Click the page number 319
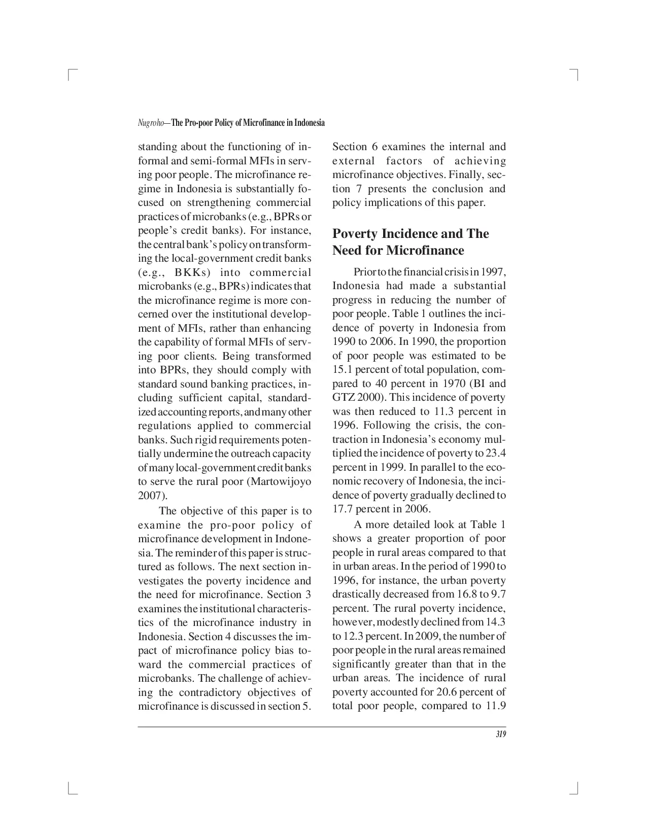tap(501, 736)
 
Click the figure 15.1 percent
tap(343, 370)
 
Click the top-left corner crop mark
tap(71, 75)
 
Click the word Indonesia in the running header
tap(309, 123)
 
